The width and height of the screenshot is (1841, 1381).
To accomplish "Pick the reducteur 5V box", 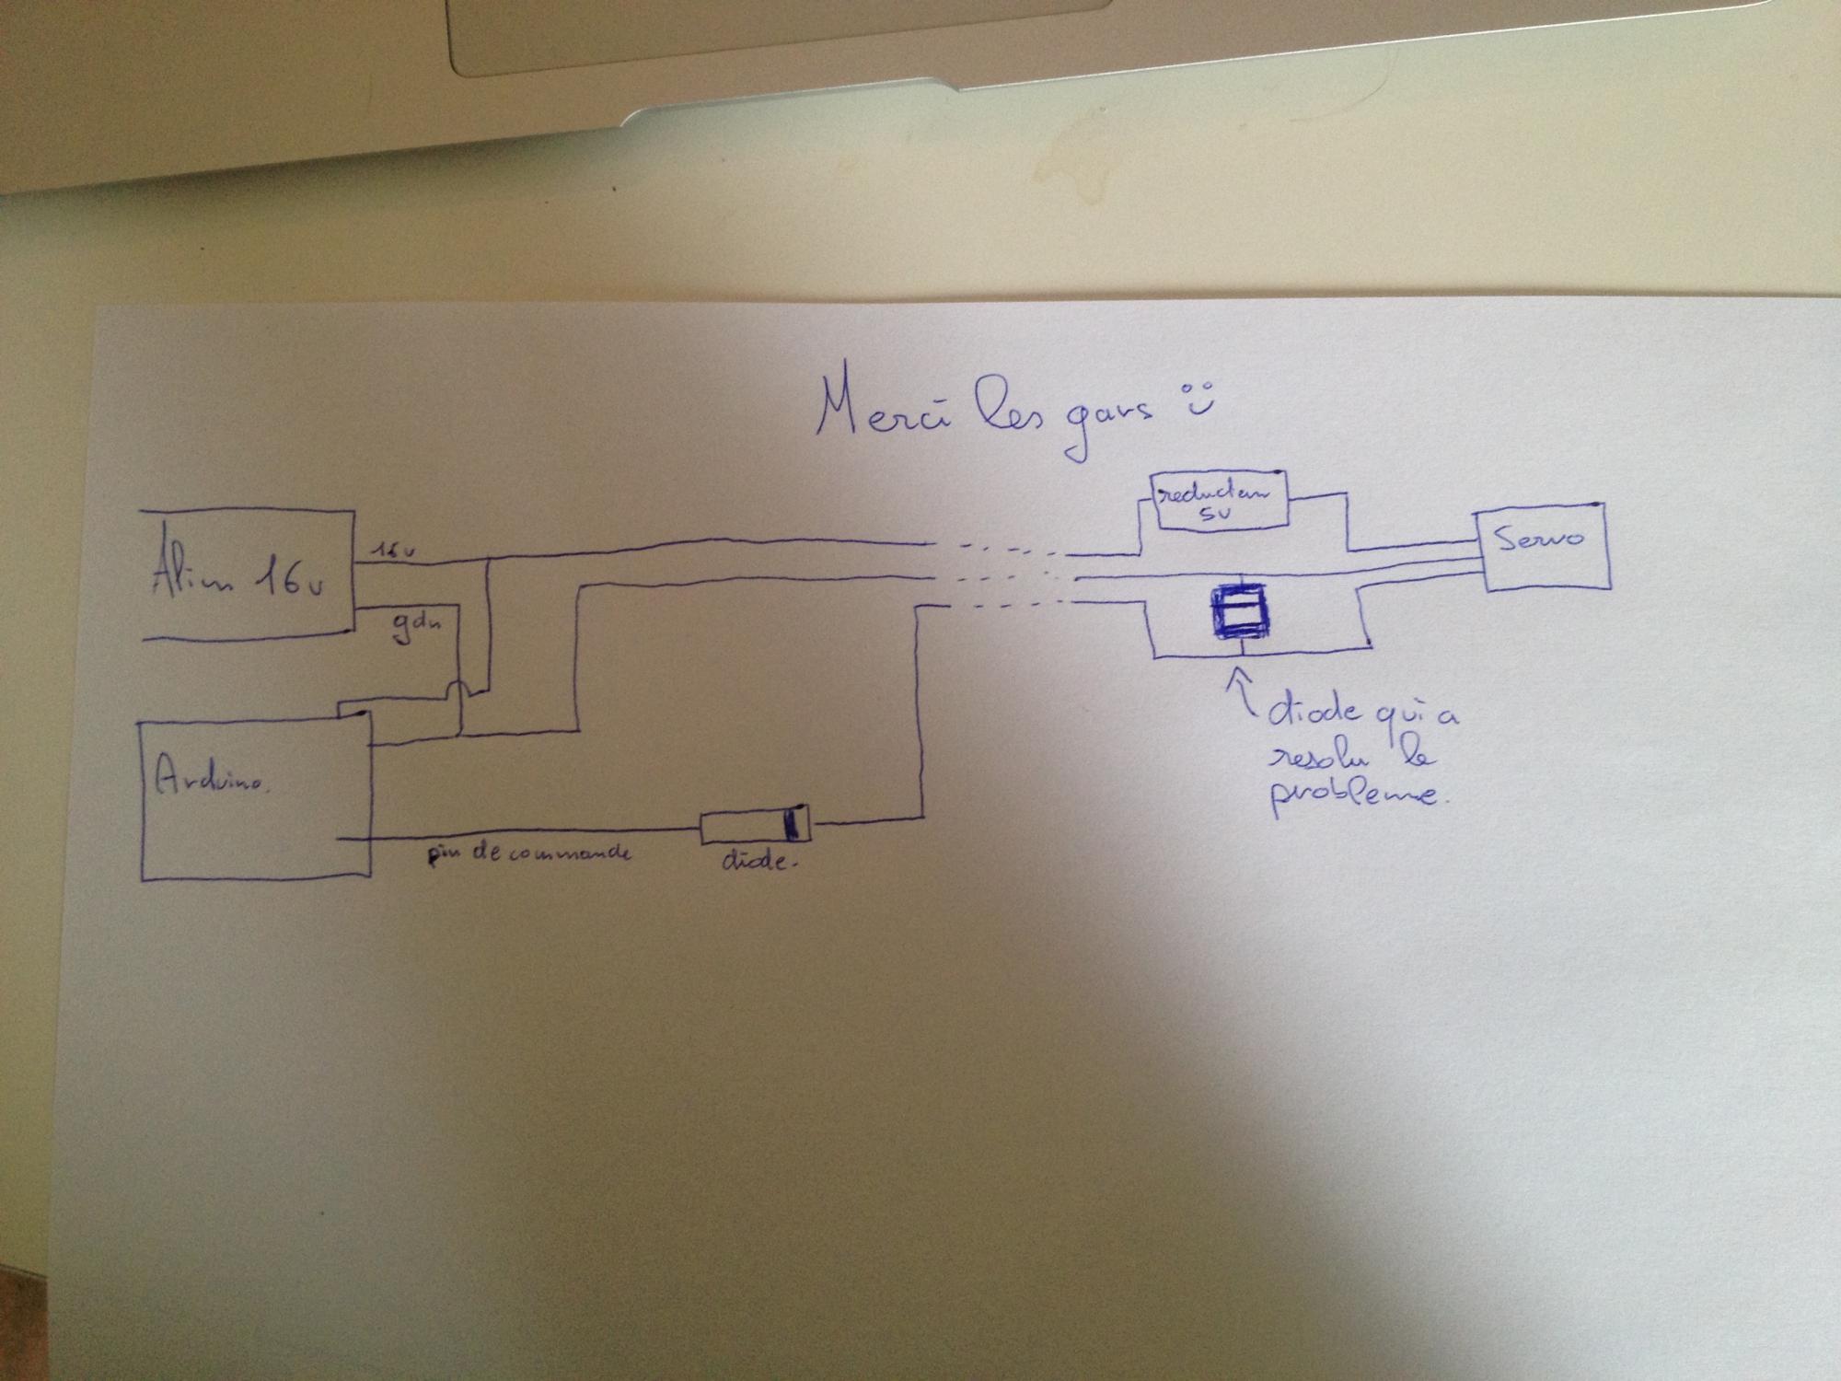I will (1221, 502).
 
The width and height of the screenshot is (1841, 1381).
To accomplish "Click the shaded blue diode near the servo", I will (1240, 609).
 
